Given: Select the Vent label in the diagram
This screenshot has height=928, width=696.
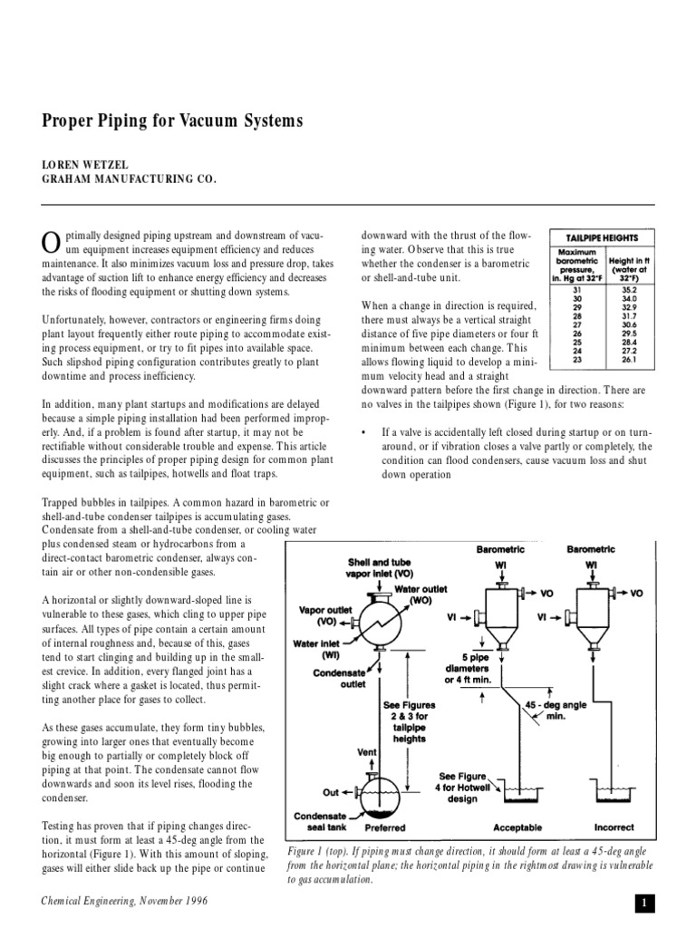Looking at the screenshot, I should click(366, 751).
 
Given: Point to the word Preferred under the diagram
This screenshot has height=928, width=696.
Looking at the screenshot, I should click(385, 827).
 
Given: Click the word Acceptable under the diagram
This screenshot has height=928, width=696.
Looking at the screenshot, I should click(517, 827).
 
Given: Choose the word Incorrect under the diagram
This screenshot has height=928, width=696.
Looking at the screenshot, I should click(614, 827).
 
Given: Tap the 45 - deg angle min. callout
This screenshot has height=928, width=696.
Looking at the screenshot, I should click(558, 708).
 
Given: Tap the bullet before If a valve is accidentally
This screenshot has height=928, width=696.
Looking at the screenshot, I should click(364, 433).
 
